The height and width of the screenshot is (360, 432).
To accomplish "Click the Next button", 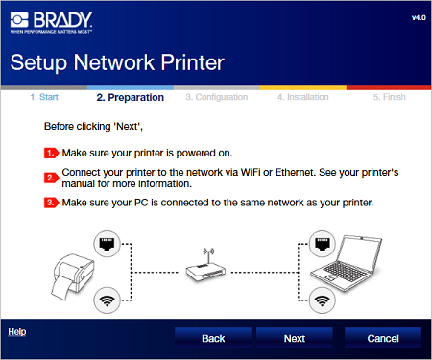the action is coord(295,338).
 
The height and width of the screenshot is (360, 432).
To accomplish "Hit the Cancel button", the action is coord(383,338).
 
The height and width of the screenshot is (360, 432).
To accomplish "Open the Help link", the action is coord(17,332).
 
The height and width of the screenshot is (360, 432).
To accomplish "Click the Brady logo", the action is coord(51,22).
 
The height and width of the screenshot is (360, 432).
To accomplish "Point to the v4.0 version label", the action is coord(419,18).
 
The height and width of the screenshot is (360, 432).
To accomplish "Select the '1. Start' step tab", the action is coord(44,97).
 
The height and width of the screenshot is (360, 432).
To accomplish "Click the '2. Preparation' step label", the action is coord(131,97).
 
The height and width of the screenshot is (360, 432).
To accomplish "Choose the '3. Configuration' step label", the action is coord(217,97).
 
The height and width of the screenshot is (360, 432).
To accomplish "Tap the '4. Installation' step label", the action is coord(303,97).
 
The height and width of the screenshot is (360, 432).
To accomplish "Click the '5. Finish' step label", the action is coord(390,97).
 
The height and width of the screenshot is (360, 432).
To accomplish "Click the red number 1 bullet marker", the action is coord(51,153).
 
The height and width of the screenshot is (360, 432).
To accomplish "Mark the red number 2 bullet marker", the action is coord(51,178).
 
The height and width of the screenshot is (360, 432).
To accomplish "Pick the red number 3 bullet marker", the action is coord(51,203).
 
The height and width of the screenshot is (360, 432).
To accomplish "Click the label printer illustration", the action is coord(73,276).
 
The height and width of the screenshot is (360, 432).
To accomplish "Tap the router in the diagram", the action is coord(206,267).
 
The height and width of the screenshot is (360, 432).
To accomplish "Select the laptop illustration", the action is coord(347,263).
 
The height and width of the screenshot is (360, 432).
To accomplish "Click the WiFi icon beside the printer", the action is coord(107,300).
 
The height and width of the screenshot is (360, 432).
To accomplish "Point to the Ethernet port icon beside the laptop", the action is coord(323,244).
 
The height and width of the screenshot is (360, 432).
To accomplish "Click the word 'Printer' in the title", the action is coord(192,62).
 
